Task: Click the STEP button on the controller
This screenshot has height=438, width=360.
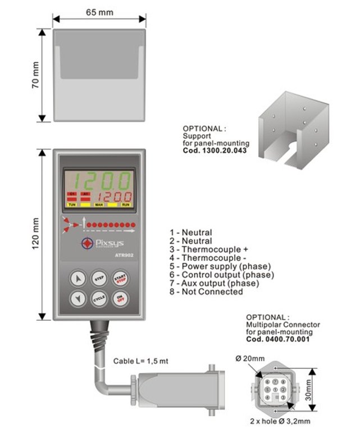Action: click(99, 277)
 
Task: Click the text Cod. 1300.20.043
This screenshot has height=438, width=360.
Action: click(215, 151)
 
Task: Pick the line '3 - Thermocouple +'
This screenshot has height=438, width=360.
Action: click(209, 249)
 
